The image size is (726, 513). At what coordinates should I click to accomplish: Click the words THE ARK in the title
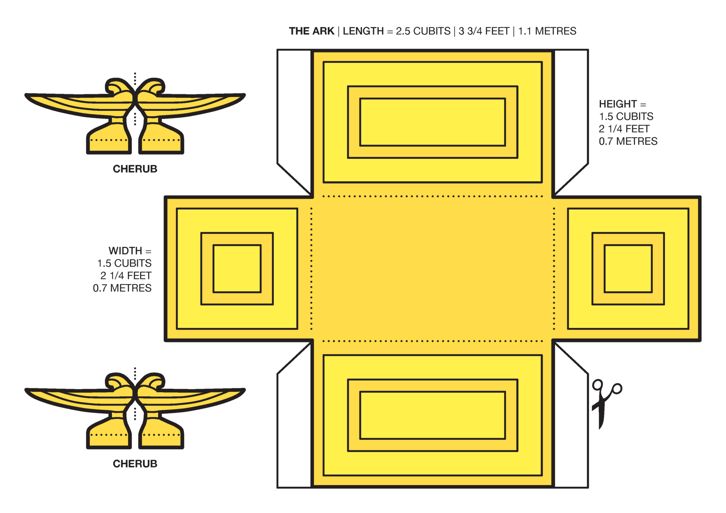[x=311, y=31]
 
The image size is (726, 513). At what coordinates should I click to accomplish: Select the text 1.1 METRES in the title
[x=547, y=31]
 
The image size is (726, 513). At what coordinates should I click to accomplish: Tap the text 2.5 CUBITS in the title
[x=423, y=31]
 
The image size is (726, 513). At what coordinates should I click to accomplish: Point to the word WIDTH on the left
[x=125, y=251]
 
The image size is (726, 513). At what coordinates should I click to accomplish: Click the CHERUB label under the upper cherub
[x=135, y=169]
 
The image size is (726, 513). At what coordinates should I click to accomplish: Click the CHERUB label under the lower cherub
[x=135, y=464]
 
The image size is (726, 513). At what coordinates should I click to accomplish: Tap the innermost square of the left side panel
[x=237, y=269]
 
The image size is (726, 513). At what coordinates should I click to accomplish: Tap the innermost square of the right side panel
[x=628, y=269]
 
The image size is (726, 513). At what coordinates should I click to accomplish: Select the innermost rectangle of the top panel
[x=432, y=122]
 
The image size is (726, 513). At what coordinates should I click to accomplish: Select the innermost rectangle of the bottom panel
[x=432, y=415]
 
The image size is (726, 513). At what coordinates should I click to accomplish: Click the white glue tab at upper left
[x=294, y=113]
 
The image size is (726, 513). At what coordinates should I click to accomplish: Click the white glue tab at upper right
[x=571, y=113]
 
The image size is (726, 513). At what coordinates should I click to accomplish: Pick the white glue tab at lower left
[x=294, y=425]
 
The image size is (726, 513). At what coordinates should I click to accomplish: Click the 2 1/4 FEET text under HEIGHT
[x=624, y=129]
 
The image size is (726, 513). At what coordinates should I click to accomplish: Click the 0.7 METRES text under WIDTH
[x=122, y=288]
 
